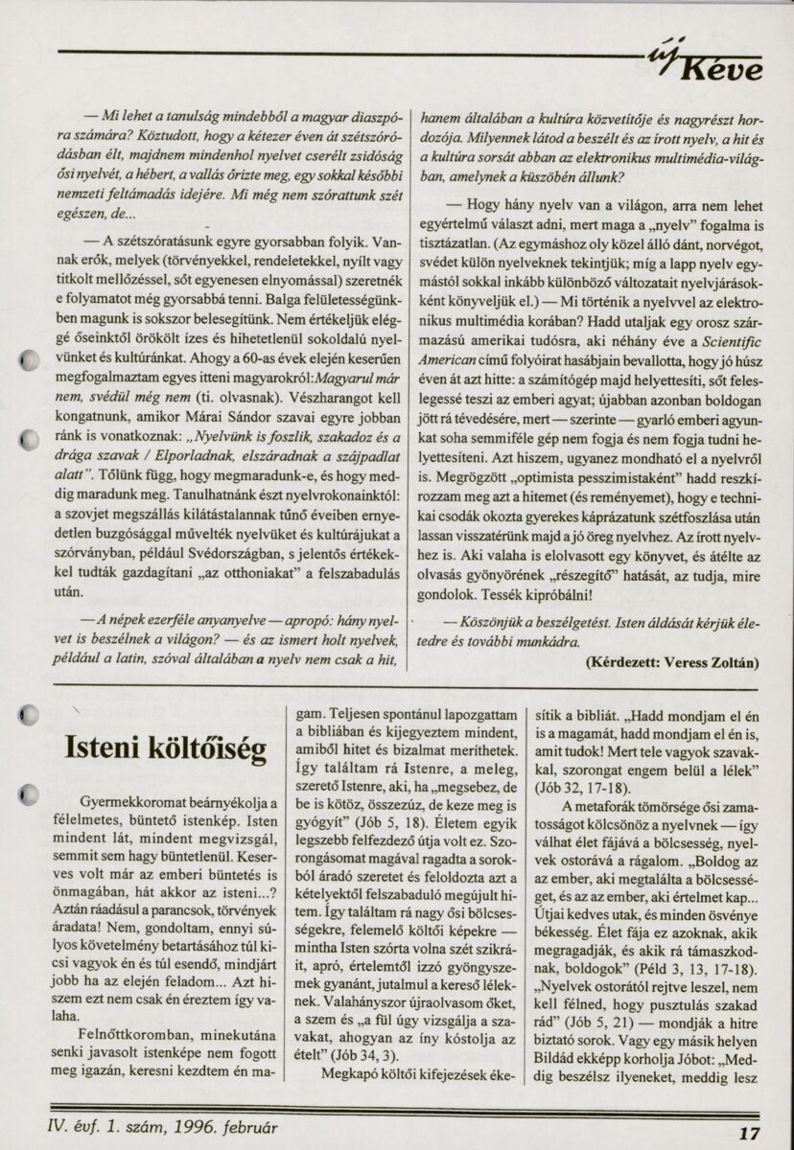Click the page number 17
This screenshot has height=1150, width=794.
point(750,1131)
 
